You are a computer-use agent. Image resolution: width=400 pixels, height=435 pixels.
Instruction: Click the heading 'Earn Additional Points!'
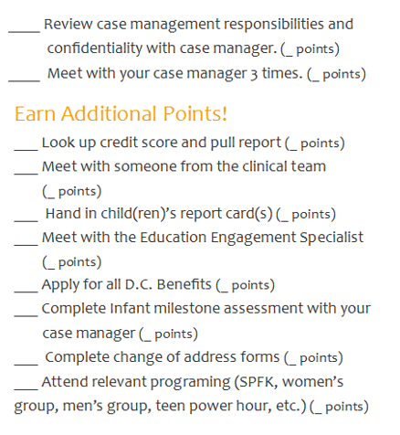pos(121,113)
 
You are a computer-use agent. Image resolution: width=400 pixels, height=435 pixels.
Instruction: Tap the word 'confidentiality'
pos(95,48)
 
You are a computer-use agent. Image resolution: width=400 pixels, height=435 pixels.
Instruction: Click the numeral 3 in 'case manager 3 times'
pos(254,75)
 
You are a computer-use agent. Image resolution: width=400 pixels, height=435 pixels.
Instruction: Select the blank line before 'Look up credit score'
pos(26,150)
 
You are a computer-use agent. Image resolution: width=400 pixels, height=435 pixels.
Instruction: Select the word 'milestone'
pos(188,308)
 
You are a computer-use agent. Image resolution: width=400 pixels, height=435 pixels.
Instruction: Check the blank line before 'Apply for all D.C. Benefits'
pos(26,292)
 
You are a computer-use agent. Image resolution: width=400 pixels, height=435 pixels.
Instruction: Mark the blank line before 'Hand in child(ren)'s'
pos(26,220)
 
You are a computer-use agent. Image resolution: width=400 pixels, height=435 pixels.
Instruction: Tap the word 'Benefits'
pos(184,284)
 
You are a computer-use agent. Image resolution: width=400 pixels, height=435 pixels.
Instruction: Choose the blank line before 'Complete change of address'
pos(26,364)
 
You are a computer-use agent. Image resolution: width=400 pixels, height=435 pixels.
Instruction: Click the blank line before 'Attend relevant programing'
pos(26,388)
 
